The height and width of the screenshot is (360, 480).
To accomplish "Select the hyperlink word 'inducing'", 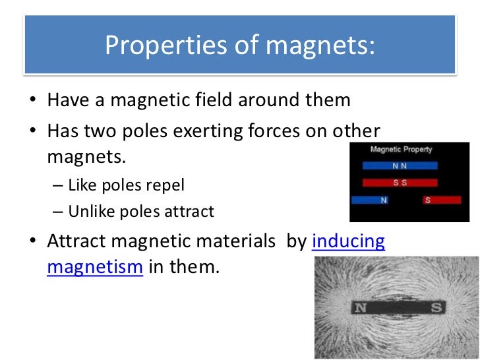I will point(348,241).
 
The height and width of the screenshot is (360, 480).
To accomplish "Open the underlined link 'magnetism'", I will point(95,268).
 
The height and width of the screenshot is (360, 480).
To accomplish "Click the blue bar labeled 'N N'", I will point(398,165).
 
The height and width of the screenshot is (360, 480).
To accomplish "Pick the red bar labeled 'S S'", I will point(400,182).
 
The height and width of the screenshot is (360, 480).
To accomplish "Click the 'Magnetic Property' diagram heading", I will point(400,150).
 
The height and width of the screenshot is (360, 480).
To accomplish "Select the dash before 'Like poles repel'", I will point(57,185).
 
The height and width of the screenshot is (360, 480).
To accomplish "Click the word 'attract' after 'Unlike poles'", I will point(191,212).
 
